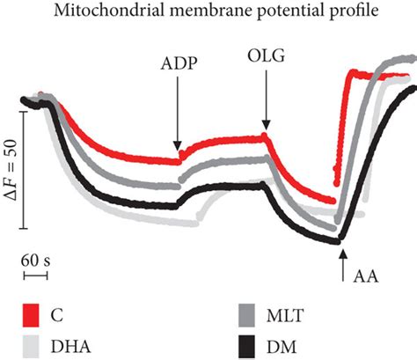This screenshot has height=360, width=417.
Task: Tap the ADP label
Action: pos(179,67)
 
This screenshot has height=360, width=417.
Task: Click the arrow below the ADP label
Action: pos(179,114)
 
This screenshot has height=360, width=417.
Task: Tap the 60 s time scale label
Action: pos(34,261)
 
